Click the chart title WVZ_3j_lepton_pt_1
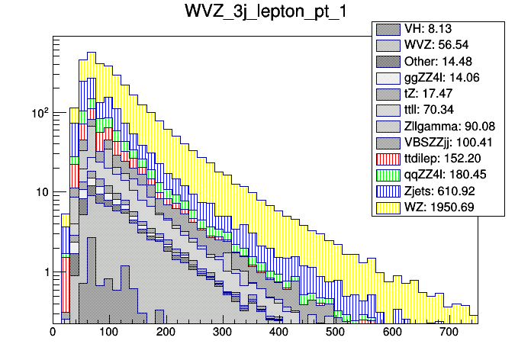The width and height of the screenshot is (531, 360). (x=265, y=13)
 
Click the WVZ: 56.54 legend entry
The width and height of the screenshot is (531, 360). (x=438, y=45)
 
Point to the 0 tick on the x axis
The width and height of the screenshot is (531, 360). (x=53, y=333)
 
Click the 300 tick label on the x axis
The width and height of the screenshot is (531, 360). (x=223, y=333)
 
